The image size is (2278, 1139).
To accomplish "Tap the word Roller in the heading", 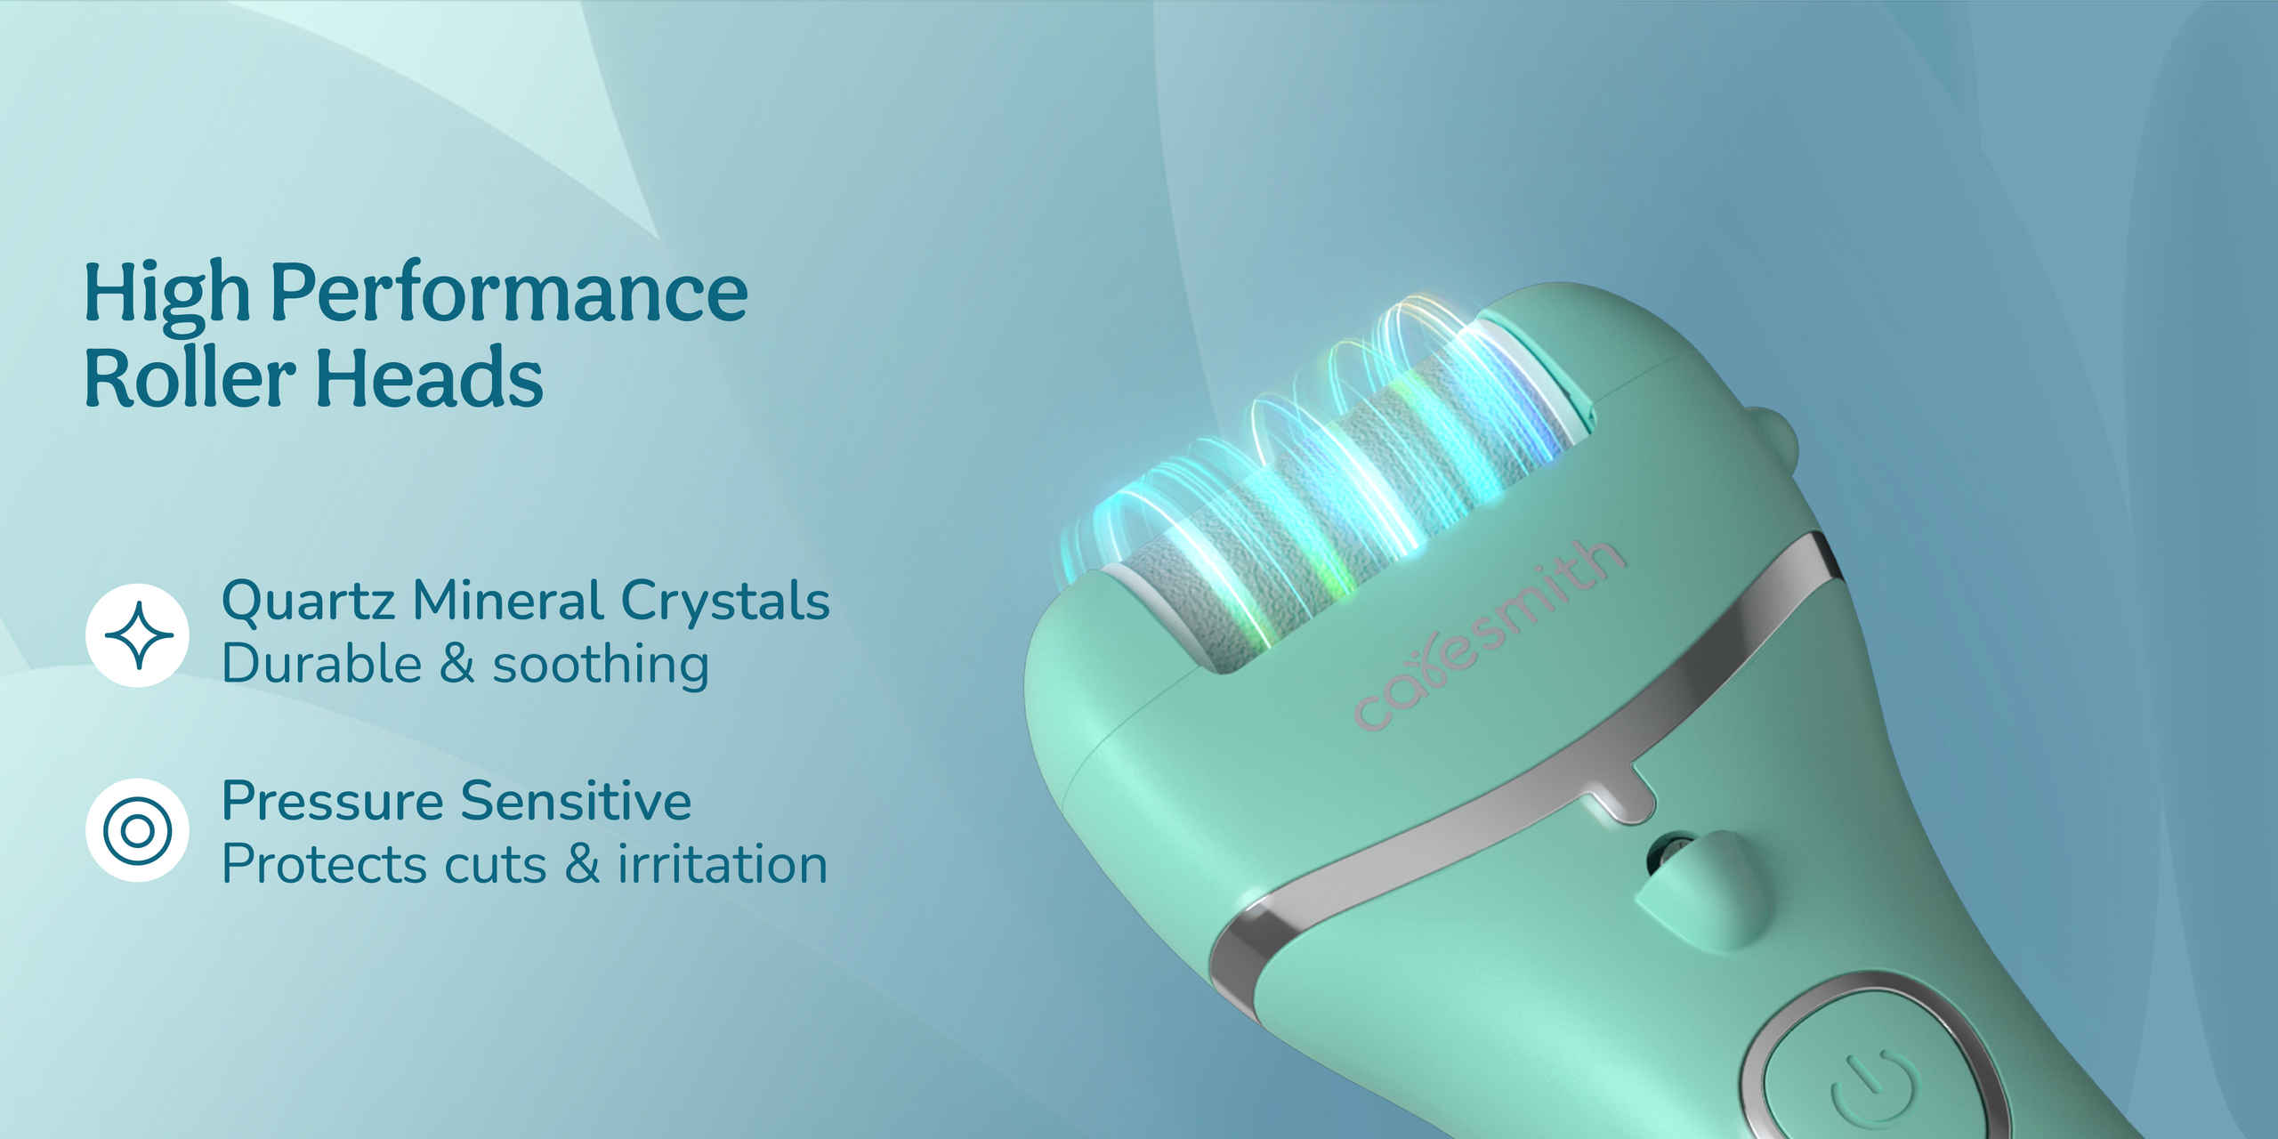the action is click(x=190, y=377).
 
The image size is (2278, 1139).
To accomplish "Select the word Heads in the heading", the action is click(x=429, y=377).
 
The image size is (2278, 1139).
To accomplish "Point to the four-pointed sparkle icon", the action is click(x=137, y=635).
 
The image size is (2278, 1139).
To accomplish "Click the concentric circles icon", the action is click(x=137, y=830).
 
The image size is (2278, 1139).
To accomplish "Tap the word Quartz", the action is click(x=309, y=601).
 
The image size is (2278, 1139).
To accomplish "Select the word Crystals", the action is click(x=725, y=600).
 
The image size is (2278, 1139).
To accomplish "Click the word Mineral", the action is click(x=508, y=600).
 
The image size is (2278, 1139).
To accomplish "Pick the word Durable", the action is click(x=322, y=664).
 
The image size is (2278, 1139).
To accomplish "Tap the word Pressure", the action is click(x=333, y=801).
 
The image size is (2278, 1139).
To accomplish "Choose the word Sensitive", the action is click(x=576, y=800).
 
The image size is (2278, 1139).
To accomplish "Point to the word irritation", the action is click(x=723, y=864).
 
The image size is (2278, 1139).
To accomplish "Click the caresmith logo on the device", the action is click(x=1488, y=634).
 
